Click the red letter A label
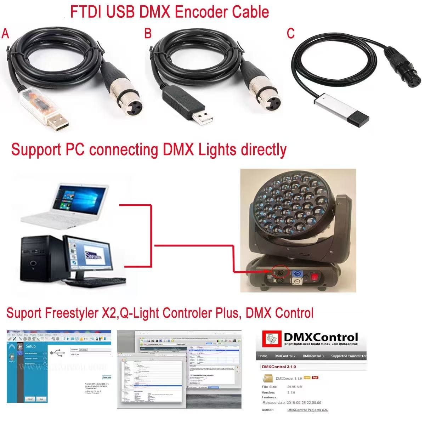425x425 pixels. point(5,34)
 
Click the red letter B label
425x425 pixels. point(148,34)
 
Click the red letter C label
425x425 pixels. point(290,34)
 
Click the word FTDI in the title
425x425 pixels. point(85,12)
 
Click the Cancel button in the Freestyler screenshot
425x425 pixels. point(30,399)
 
